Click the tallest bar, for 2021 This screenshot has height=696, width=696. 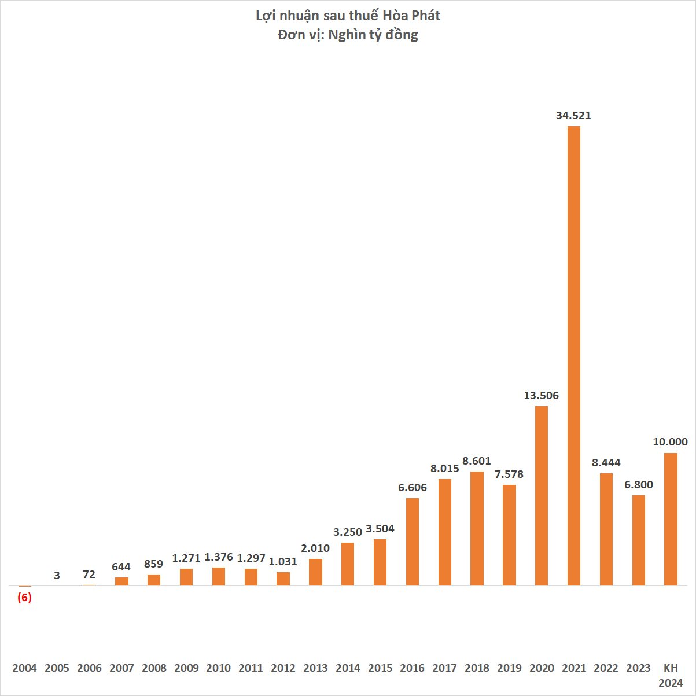[573, 356]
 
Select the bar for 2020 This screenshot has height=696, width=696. [541, 496]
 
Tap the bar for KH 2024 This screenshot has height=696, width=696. [671, 519]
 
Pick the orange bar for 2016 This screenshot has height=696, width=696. [412, 542]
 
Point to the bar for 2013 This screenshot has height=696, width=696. [315, 572]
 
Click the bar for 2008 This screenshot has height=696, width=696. [154, 580]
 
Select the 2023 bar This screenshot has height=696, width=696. [638, 540]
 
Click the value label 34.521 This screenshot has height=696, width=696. [573, 116]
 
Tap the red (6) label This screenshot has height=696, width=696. [24, 598]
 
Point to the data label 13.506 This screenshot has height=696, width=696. [541, 396]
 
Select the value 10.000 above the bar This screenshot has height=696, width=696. [671, 442]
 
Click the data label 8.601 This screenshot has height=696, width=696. [476, 461]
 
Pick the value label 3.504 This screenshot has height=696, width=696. [380, 529]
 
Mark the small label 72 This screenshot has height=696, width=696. [89, 575]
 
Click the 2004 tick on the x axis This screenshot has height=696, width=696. [24, 668]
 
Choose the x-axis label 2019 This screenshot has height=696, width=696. [509, 668]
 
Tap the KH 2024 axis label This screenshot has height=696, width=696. [671, 676]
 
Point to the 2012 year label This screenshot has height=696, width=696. [283, 668]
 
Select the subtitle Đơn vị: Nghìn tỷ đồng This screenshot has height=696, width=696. [348, 35]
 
